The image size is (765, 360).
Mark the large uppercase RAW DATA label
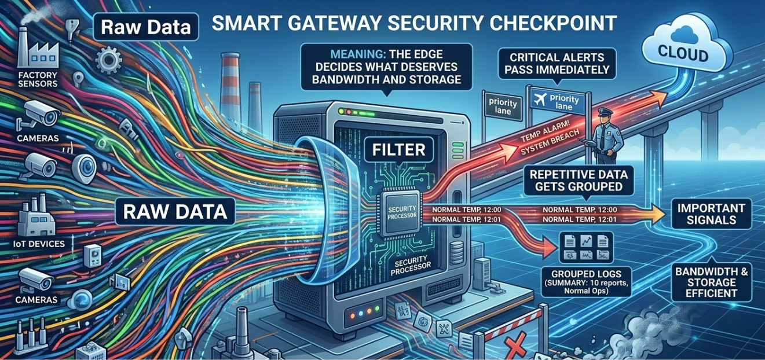tap(174, 211)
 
